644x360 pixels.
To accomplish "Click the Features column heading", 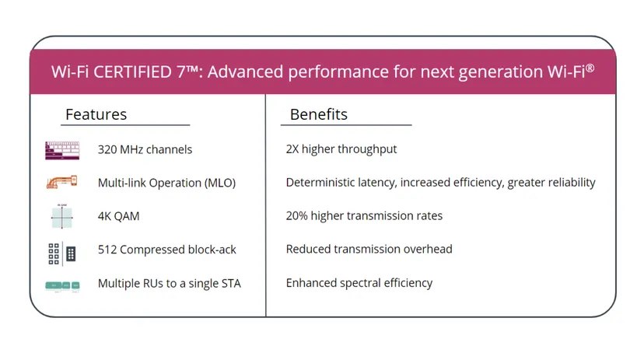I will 96,114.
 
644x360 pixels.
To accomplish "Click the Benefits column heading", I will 318,114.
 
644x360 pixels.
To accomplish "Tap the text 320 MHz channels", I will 145,149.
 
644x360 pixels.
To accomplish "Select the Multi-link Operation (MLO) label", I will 166,183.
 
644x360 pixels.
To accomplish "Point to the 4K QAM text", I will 118,216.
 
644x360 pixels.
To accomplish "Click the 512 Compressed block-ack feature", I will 166,250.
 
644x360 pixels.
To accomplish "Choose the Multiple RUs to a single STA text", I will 169,283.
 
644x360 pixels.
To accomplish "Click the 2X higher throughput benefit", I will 341,149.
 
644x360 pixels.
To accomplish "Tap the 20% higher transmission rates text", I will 364,216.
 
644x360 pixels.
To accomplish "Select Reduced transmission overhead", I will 369,250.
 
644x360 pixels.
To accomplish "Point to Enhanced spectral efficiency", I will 359,283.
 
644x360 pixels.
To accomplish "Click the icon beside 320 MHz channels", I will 62,150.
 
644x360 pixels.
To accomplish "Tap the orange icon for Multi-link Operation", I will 62,183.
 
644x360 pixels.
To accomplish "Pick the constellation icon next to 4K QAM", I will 62,217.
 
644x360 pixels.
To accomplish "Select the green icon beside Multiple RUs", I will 62,285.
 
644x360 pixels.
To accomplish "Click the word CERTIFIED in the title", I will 132,72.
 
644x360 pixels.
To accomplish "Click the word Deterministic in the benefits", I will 322,183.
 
